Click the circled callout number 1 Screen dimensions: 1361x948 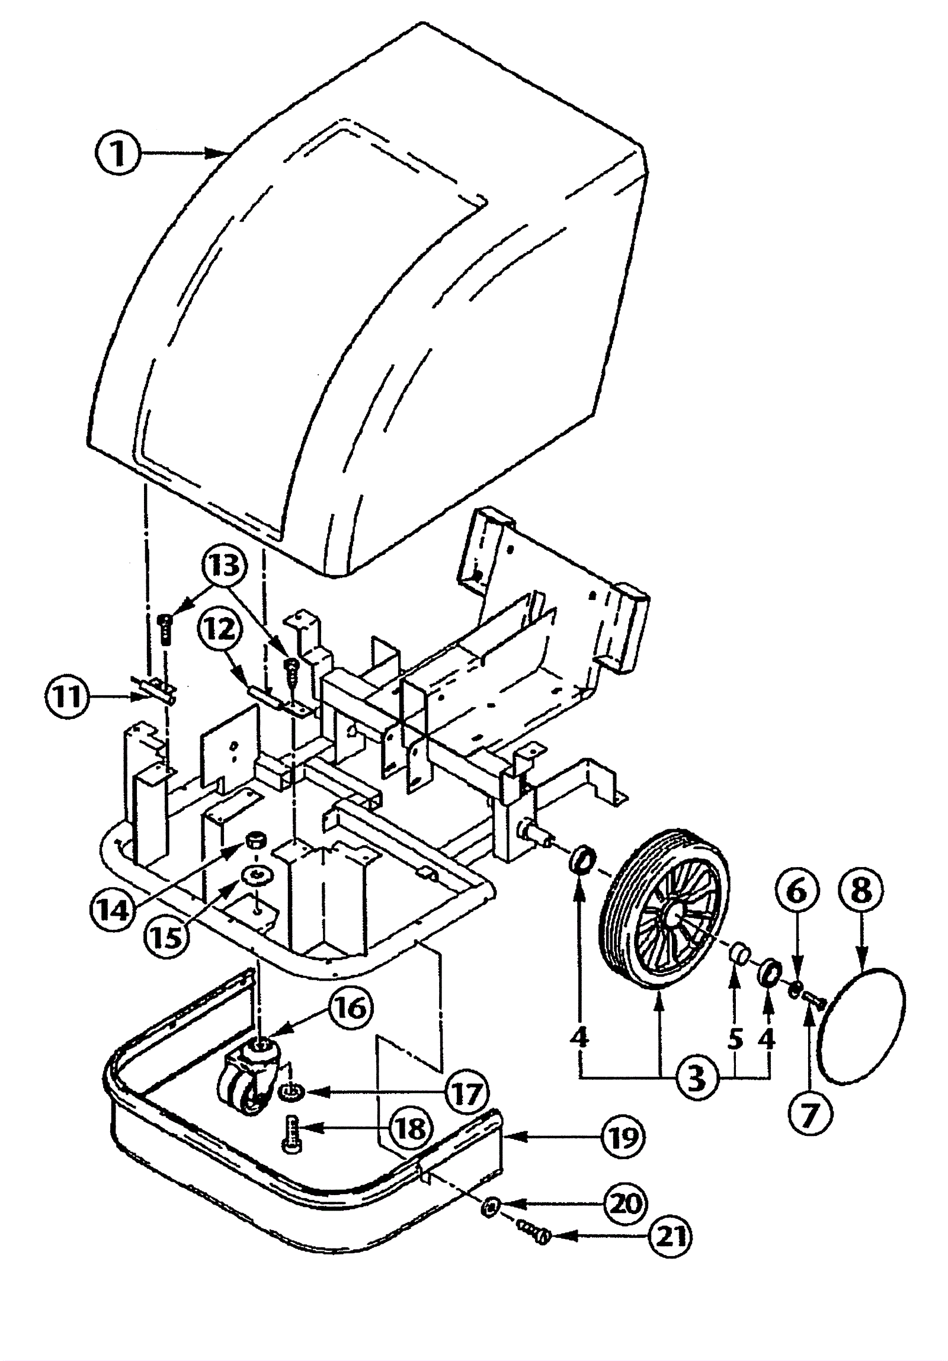pyautogui.click(x=118, y=153)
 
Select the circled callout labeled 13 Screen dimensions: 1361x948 pyautogui.click(x=225, y=567)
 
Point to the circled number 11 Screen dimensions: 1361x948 pyautogui.click(x=66, y=696)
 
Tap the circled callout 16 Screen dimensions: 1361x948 pyautogui.click(x=351, y=1007)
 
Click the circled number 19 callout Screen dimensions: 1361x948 pyautogui.click(x=623, y=1137)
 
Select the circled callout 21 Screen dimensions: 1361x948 pyautogui.click(x=670, y=1236)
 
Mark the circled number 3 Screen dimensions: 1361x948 pyautogui.click(x=697, y=1079)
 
